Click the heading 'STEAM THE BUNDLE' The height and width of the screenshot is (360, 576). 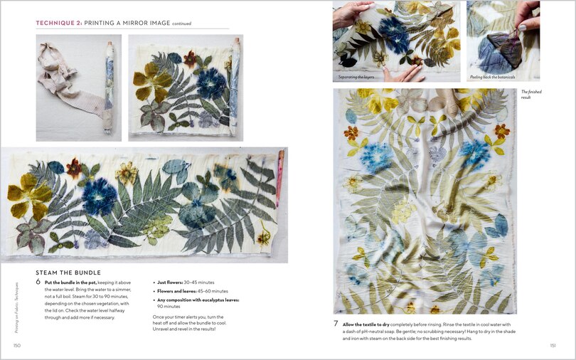point(68,272)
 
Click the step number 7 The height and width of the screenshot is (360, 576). point(336,323)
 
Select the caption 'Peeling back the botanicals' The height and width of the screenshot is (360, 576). point(492,77)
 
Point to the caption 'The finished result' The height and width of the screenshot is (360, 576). point(532,94)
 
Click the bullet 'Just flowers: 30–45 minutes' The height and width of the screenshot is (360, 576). point(186,282)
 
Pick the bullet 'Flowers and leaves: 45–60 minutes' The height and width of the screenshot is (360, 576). point(192,291)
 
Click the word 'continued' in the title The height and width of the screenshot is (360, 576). point(182,23)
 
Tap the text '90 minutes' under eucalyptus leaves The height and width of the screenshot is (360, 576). point(171,307)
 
